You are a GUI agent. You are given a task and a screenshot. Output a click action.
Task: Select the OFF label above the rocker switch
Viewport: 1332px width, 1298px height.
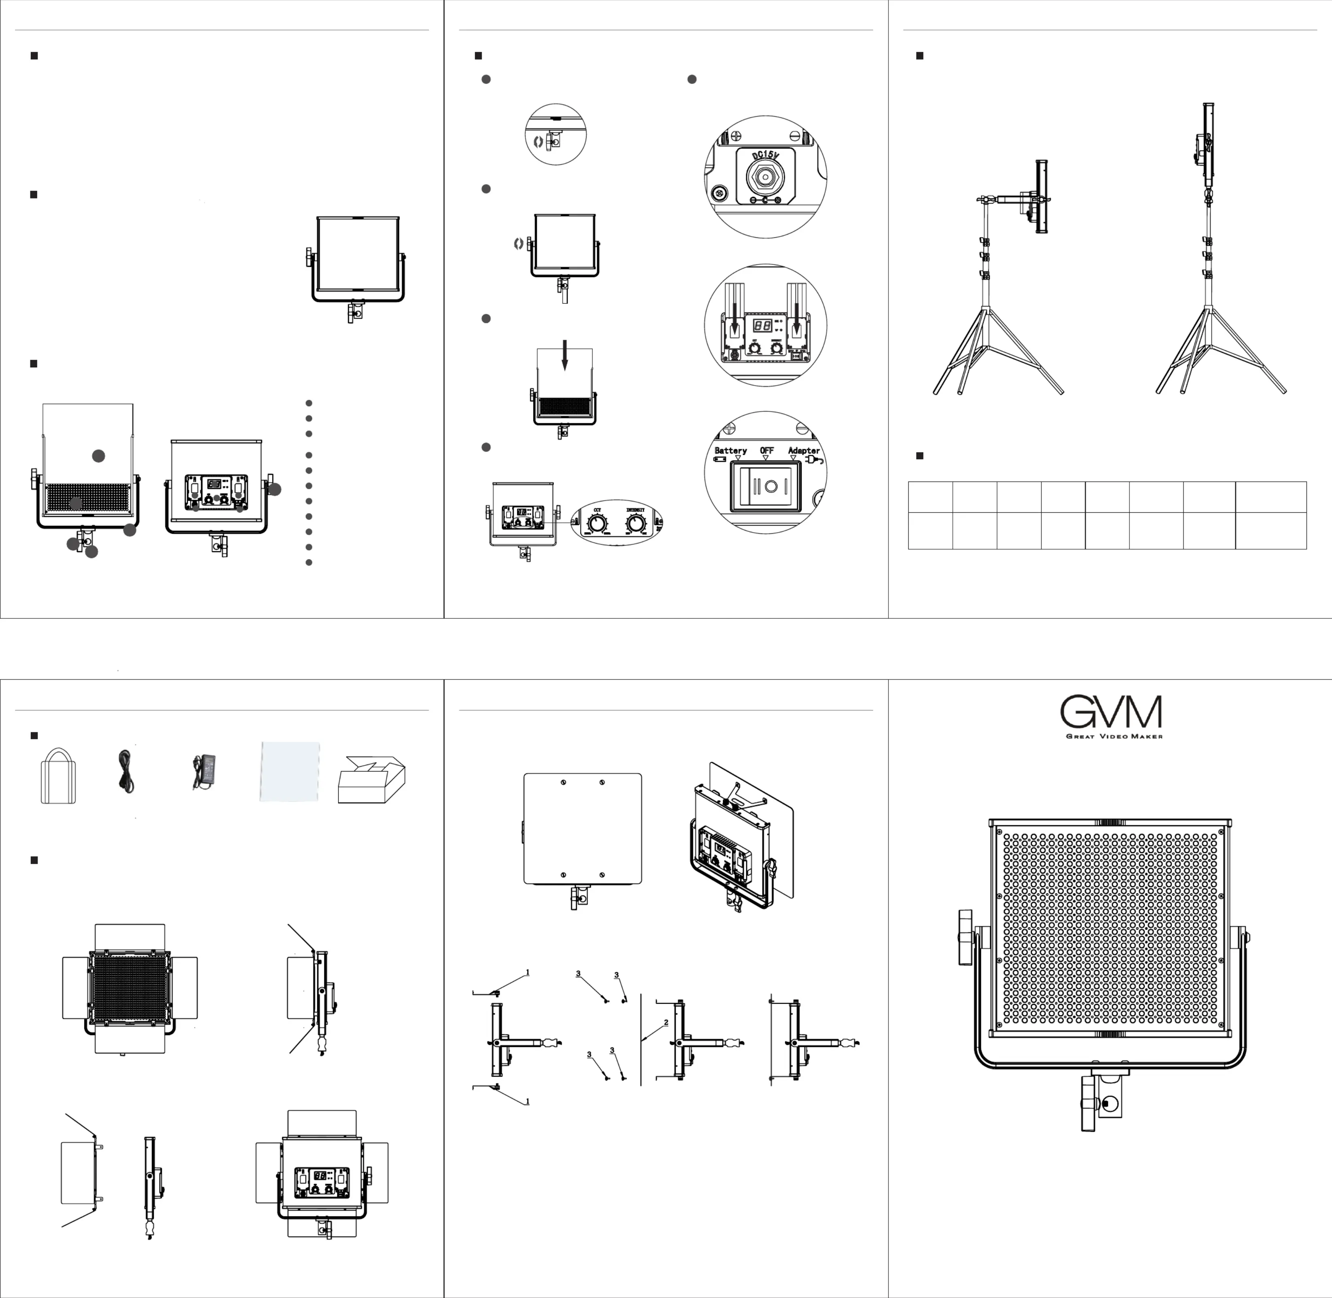point(766,451)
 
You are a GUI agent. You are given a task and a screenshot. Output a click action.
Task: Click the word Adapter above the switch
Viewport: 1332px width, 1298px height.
point(803,451)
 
